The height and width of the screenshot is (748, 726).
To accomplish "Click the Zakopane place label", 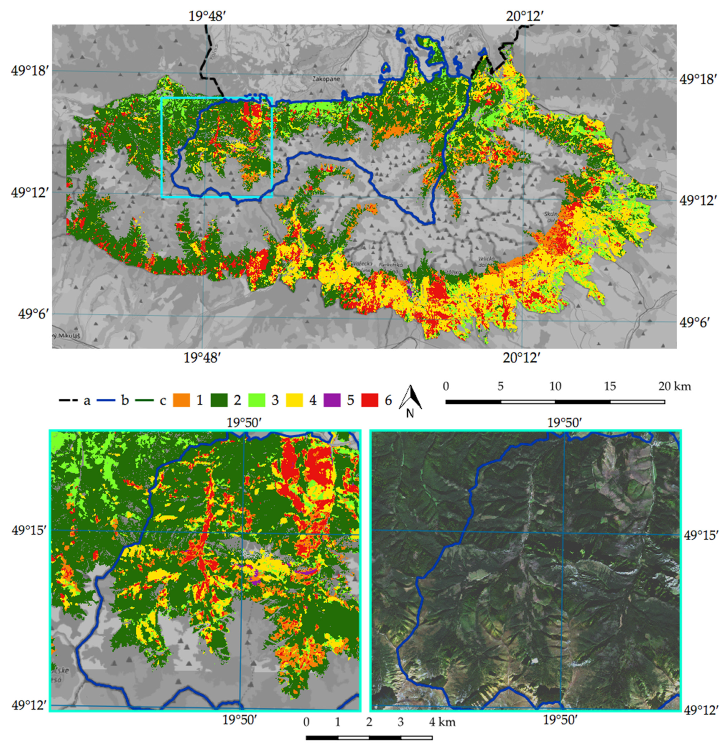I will click(x=326, y=79).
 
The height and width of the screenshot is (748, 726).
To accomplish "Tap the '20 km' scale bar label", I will click(x=674, y=386).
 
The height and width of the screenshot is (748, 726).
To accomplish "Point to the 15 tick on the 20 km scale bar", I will click(x=610, y=386).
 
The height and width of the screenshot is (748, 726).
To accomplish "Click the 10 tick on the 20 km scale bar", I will click(x=555, y=386).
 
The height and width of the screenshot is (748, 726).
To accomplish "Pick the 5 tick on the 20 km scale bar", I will click(x=501, y=386).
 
